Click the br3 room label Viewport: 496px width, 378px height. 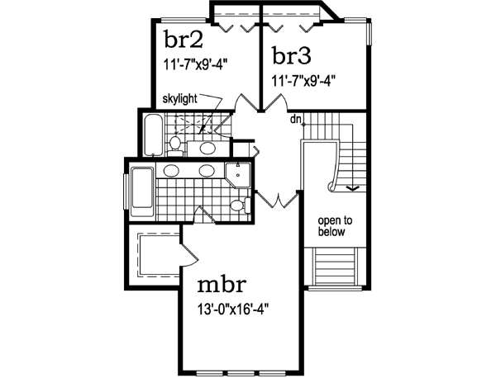[291, 56]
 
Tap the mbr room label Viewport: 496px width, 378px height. [221, 286]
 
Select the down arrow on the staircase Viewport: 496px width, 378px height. [351, 187]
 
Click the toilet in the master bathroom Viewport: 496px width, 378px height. [237, 206]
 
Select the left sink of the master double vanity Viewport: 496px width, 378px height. [172, 171]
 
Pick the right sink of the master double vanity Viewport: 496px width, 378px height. [207, 171]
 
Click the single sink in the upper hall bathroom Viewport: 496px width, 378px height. [208, 148]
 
